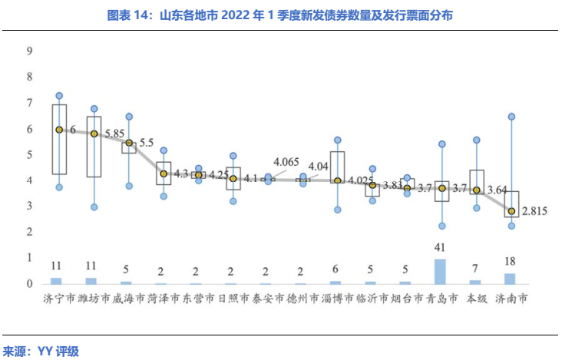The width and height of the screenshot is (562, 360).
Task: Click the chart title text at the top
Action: tap(281, 15)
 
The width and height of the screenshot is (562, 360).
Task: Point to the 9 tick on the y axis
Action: tap(29, 51)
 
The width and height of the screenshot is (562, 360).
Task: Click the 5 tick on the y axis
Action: tap(29, 154)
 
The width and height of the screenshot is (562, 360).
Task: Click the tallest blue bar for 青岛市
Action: tap(440, 271)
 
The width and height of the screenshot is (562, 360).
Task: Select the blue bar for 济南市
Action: tap(510, 279)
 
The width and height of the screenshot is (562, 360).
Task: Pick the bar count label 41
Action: tap(440, 248)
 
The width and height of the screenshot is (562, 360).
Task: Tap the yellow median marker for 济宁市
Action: tap(59, 130)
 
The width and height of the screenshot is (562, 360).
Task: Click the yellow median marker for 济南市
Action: tap(511, 211)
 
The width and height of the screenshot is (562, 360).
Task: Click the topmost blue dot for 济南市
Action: tap(511, 117)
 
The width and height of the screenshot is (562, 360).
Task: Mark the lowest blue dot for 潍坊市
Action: tap(94, 207)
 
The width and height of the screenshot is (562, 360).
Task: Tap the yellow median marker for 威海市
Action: tap(129, 143)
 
